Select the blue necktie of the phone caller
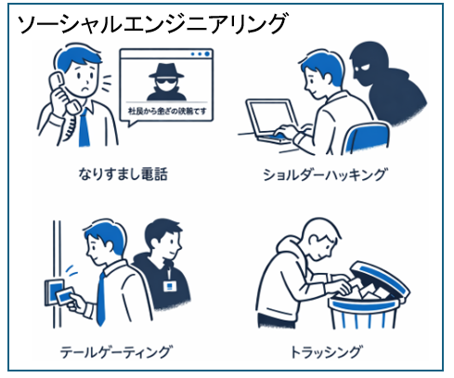coord(85,126)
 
